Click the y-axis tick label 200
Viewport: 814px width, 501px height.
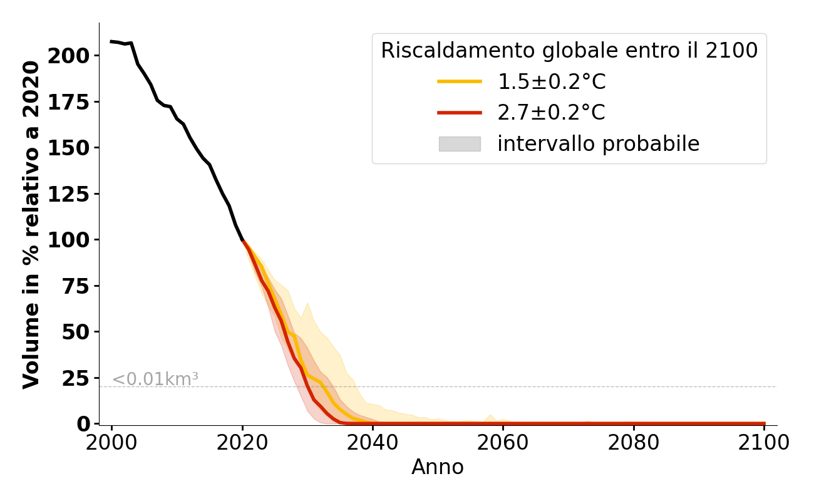69,56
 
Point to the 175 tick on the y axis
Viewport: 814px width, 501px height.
69,102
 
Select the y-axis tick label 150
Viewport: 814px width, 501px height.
69,148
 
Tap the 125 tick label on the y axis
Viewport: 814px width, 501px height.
69,194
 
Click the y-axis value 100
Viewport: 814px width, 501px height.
69,240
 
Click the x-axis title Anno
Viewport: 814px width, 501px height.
438,467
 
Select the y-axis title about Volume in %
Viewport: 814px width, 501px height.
31,224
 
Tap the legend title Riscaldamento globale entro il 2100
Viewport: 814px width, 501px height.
569,51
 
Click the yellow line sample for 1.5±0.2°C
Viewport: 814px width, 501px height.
460,81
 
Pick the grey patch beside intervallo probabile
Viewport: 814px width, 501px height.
460,144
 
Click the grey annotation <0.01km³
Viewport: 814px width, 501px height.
155,379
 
